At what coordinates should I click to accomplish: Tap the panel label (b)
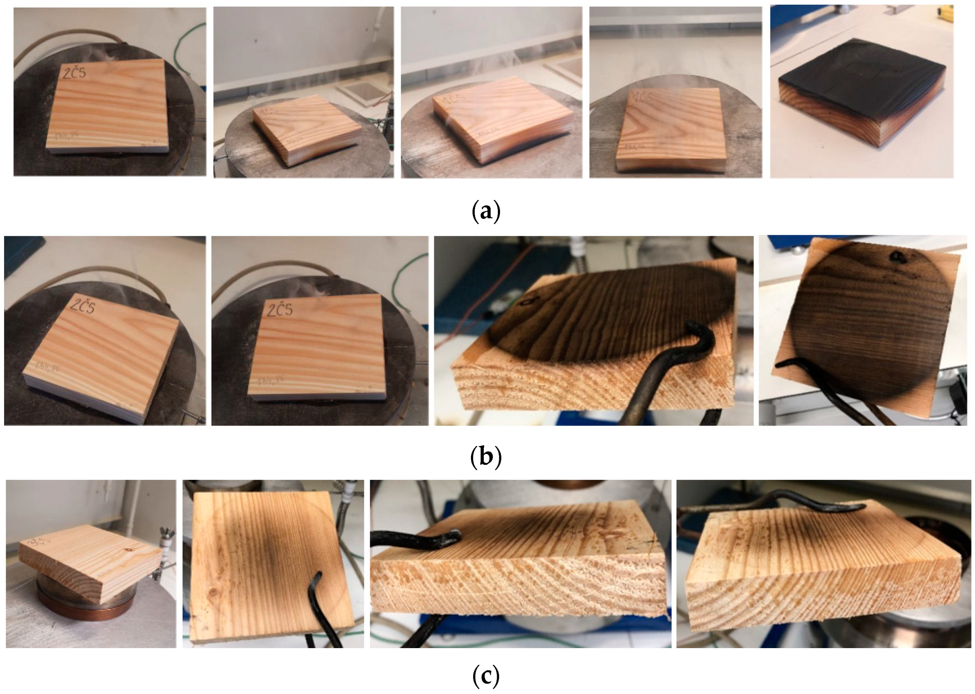[486, 457]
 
